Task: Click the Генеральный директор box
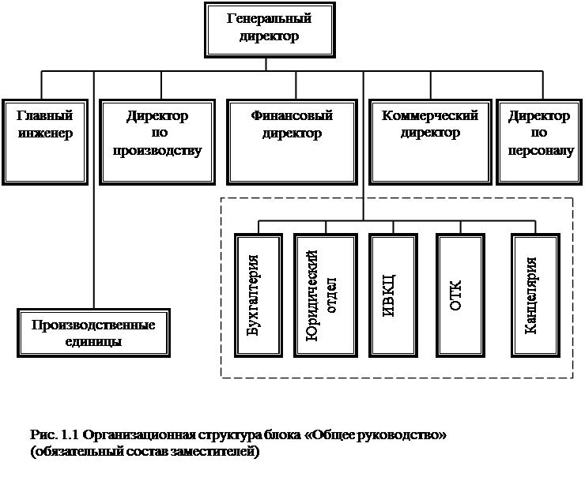pyautogui.click(x=270, y=30)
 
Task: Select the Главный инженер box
pyautogui.click(x=45, y=142)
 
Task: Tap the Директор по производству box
pyautogui.click(x=157, y=142)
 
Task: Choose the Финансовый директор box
pyautogui.click(x=292, y=142)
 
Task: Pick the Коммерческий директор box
pyautogui.click(x=430, y=142)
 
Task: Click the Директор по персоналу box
pyautogui.click(x=539, y=142)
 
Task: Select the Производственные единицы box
pyautogui.click(x=93, y=333)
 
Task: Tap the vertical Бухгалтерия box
pyautogui.click(x=259, y=295)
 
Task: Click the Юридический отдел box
pyautogui.click(x=326, y=295)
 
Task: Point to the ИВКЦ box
pyautogui.click(x=393, y=295)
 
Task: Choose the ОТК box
pyautogui.click(x=460, y=295)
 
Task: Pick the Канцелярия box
pyautogui.click(x=535, y=295)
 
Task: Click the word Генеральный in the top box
pyautogui.click(x=269, y=18)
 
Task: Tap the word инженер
pyautogui.click(x=45, y=133)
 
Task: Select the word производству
pyautogui.click(x=157, y=151)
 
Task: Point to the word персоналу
pyautogui.click(x=541, y=151)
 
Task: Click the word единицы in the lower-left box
pyautogui.click(x=93, y=341)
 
